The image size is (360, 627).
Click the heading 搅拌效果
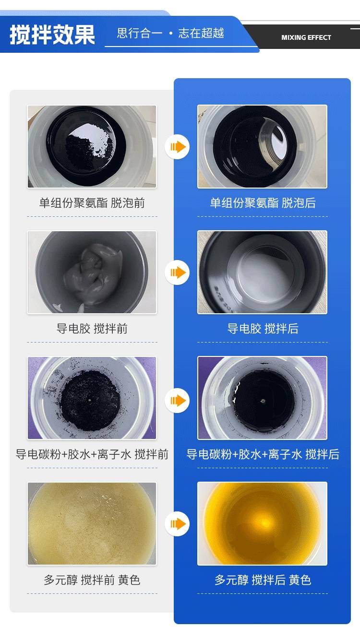(52, 35)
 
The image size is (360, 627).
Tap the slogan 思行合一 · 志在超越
(170, 33)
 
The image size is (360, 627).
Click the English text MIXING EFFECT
(306, 37)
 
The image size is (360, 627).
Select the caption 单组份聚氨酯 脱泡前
(92, 203)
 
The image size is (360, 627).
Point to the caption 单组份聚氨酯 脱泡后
(263, 203)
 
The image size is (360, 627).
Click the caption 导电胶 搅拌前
(92, 329)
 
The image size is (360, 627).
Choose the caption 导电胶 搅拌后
(263, 329)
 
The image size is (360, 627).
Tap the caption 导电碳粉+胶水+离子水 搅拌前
(92, 454)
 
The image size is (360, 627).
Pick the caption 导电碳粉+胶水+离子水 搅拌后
(263, 454)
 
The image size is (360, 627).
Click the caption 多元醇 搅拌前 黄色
(92, 580)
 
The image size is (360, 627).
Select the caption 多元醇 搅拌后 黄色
(263, 580)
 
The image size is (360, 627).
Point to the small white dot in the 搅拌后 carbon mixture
(263, 401)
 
